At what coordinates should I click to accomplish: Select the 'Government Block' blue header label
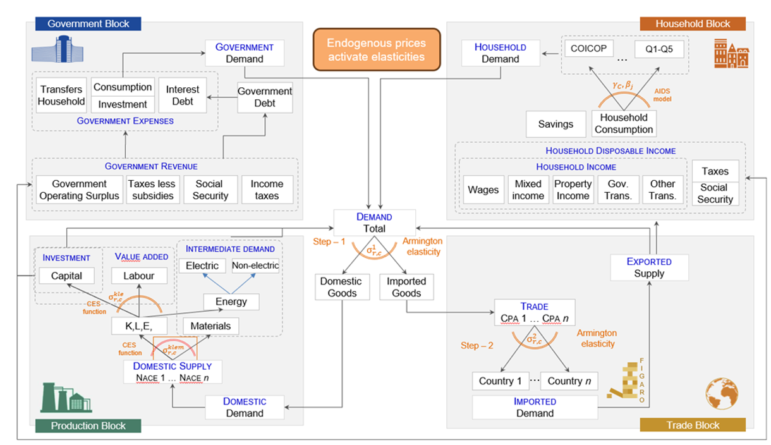88,24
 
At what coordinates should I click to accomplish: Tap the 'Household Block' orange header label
693,24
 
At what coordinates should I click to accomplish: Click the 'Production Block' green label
88,425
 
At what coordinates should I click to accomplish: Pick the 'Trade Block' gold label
693,425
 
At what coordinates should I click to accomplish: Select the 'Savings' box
555,124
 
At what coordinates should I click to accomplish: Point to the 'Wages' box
483,190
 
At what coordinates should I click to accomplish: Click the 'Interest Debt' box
183,95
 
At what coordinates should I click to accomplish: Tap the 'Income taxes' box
267,190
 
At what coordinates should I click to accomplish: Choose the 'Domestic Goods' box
340,287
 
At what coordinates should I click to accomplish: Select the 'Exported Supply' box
649,267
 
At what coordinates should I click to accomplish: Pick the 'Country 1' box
500,381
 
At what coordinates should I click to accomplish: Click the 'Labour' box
138,276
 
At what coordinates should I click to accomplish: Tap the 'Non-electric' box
255,265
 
